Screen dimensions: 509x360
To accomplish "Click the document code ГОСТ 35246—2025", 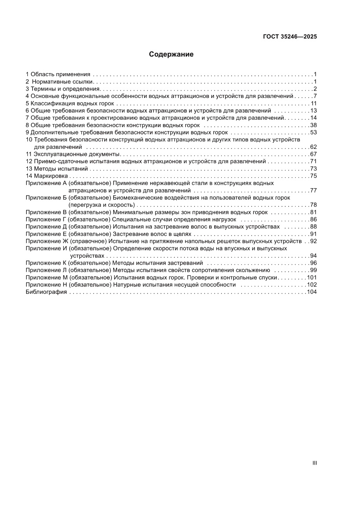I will tap(289, 37).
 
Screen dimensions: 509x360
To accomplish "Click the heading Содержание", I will tap(171, 54).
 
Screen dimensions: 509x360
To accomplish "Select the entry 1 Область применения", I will tap(57, 74).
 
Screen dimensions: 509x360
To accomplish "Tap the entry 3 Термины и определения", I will tap(63, 89).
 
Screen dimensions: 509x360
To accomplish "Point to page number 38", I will tap(313, 125).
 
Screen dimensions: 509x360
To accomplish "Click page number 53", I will tap(313, 132).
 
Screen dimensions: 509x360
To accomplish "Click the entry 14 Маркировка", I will tap(47, 176).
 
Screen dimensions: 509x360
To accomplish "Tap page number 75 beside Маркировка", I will tap(313, 176).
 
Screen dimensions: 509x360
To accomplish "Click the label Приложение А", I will tap(46, 183).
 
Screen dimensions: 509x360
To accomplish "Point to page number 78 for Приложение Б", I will tap(313, 205).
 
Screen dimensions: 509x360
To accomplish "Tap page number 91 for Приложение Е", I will tap(313, 234).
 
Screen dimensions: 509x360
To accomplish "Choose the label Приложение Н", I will tap(46, 285).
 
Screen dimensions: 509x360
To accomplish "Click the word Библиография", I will tap(46, 292).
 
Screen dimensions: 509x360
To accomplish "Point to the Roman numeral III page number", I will tap(314, 464).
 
